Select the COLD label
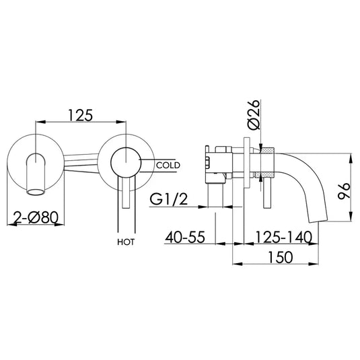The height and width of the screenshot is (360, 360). (166, 164)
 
